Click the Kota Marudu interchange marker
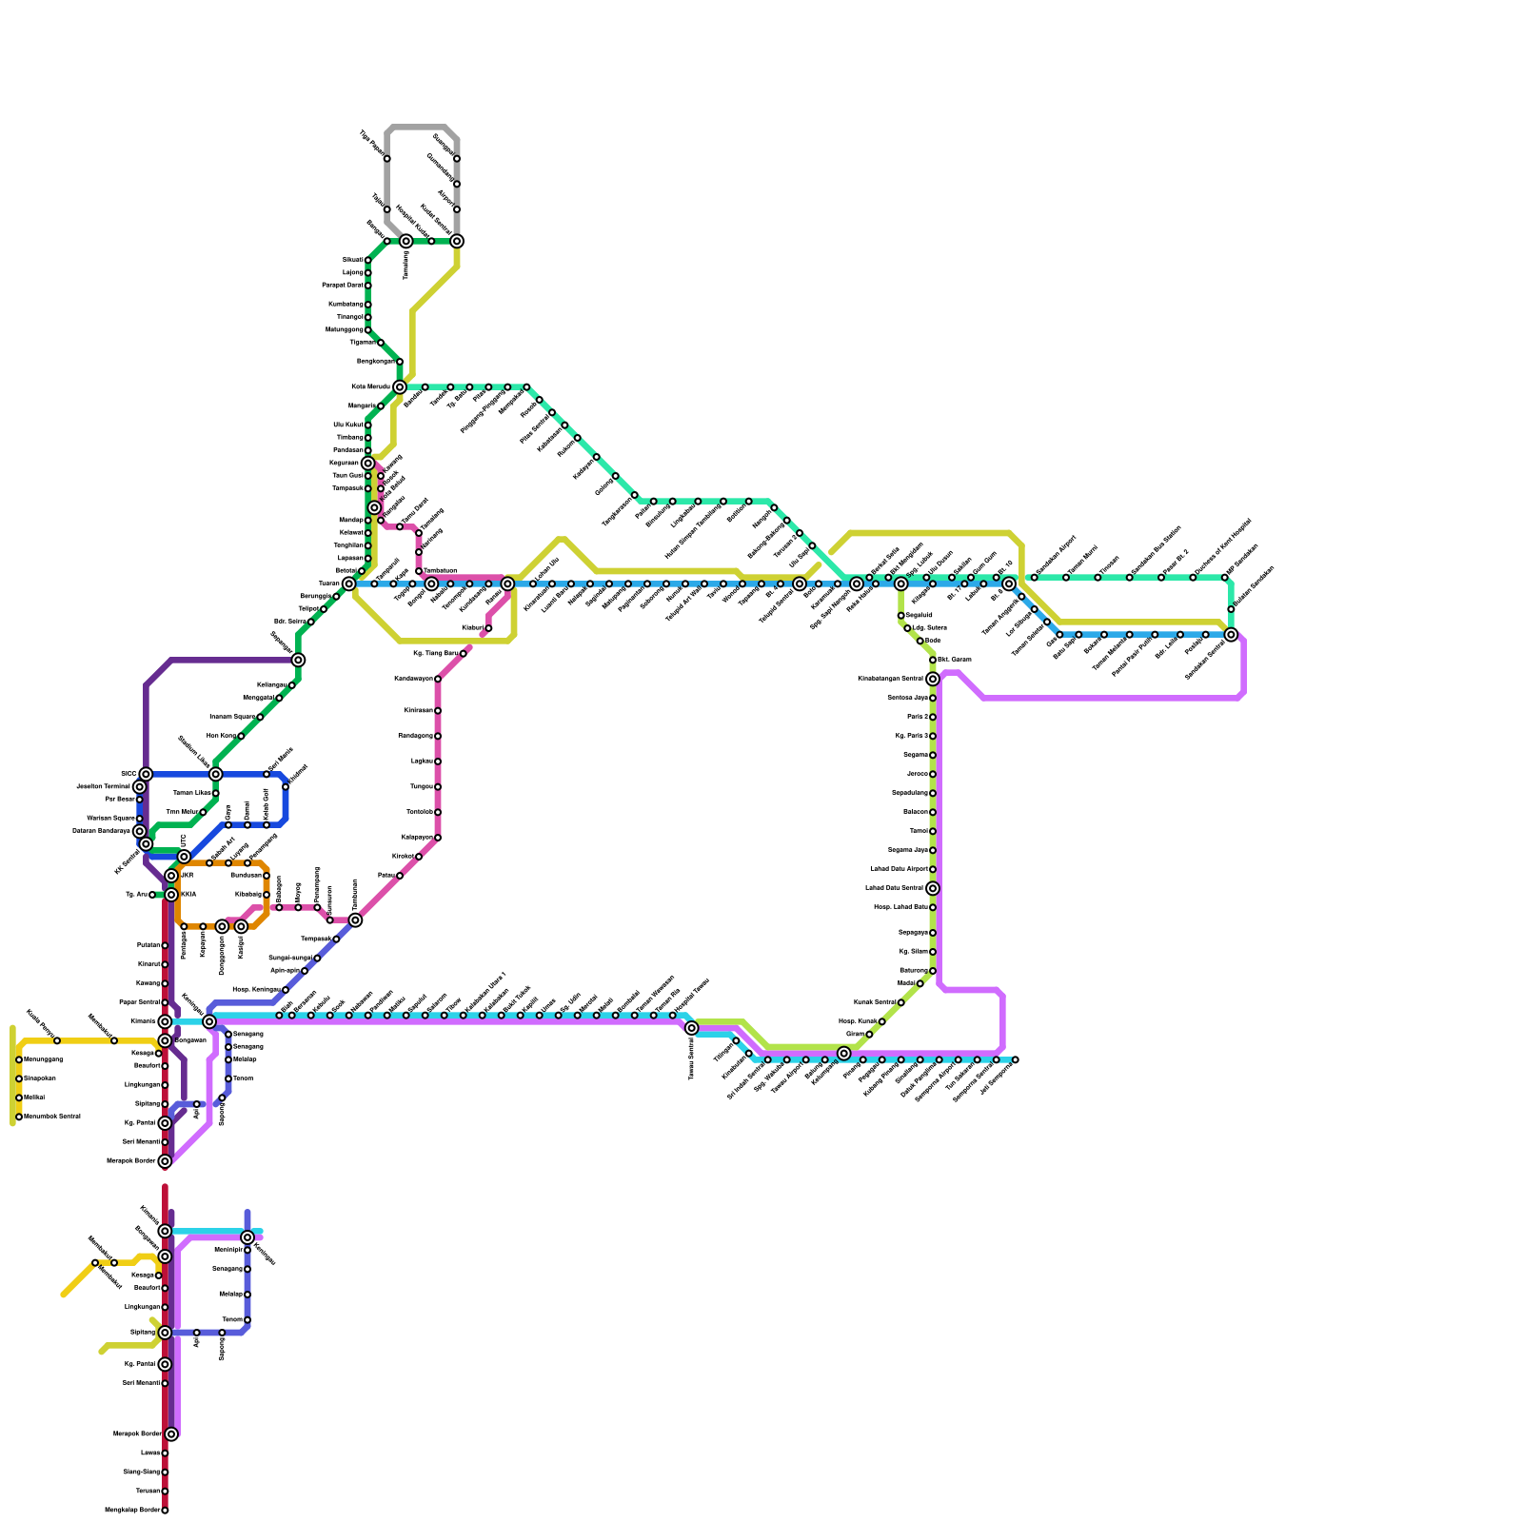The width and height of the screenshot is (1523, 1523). point(400,386)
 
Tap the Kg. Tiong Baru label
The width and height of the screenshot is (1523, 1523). point(436,654)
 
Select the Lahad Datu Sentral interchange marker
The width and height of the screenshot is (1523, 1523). point(933,888)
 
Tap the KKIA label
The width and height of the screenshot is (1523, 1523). point(188,895)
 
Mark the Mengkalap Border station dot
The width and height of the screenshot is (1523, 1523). point(165,1510)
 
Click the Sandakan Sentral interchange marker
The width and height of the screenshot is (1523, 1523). point(1231,634)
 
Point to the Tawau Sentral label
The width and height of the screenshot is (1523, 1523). point(691,1058)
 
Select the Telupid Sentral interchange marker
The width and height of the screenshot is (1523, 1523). point(800,583)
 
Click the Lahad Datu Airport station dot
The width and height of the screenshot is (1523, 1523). point(933,869)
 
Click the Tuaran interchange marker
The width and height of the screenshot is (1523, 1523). point(349,583)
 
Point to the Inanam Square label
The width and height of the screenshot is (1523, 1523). point(232,717)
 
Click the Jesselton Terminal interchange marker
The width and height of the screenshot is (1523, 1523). point(140,786)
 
